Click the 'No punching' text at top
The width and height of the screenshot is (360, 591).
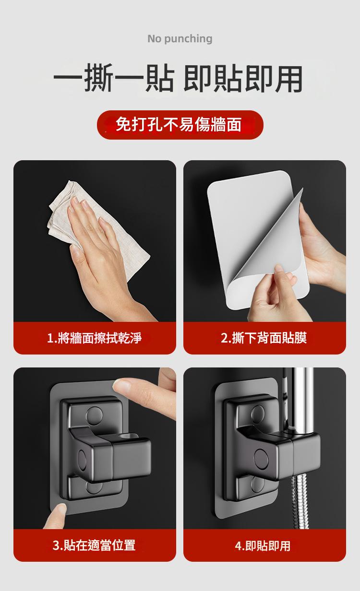click(180, 39)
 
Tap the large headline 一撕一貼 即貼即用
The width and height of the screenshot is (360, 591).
click(178, 78)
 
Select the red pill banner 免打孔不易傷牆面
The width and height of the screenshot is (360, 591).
click(180, 125)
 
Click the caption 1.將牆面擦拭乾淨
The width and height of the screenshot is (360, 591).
click(94, 338)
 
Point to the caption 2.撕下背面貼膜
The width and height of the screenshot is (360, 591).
click(264, 338)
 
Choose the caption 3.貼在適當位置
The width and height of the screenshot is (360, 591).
click(94, 545)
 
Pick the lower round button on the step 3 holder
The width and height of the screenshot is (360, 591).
click(94, 487)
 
